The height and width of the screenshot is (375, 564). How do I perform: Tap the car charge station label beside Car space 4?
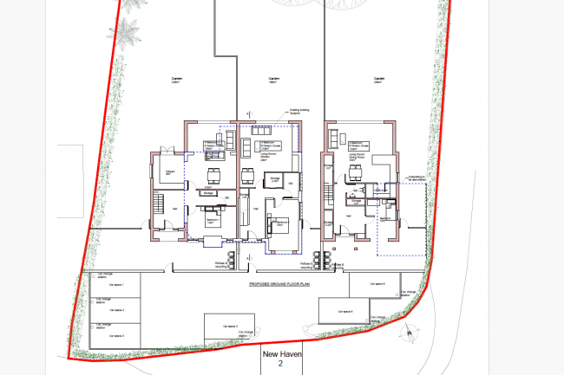coord(248,333)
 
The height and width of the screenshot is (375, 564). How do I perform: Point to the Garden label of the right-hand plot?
coord(377,79)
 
